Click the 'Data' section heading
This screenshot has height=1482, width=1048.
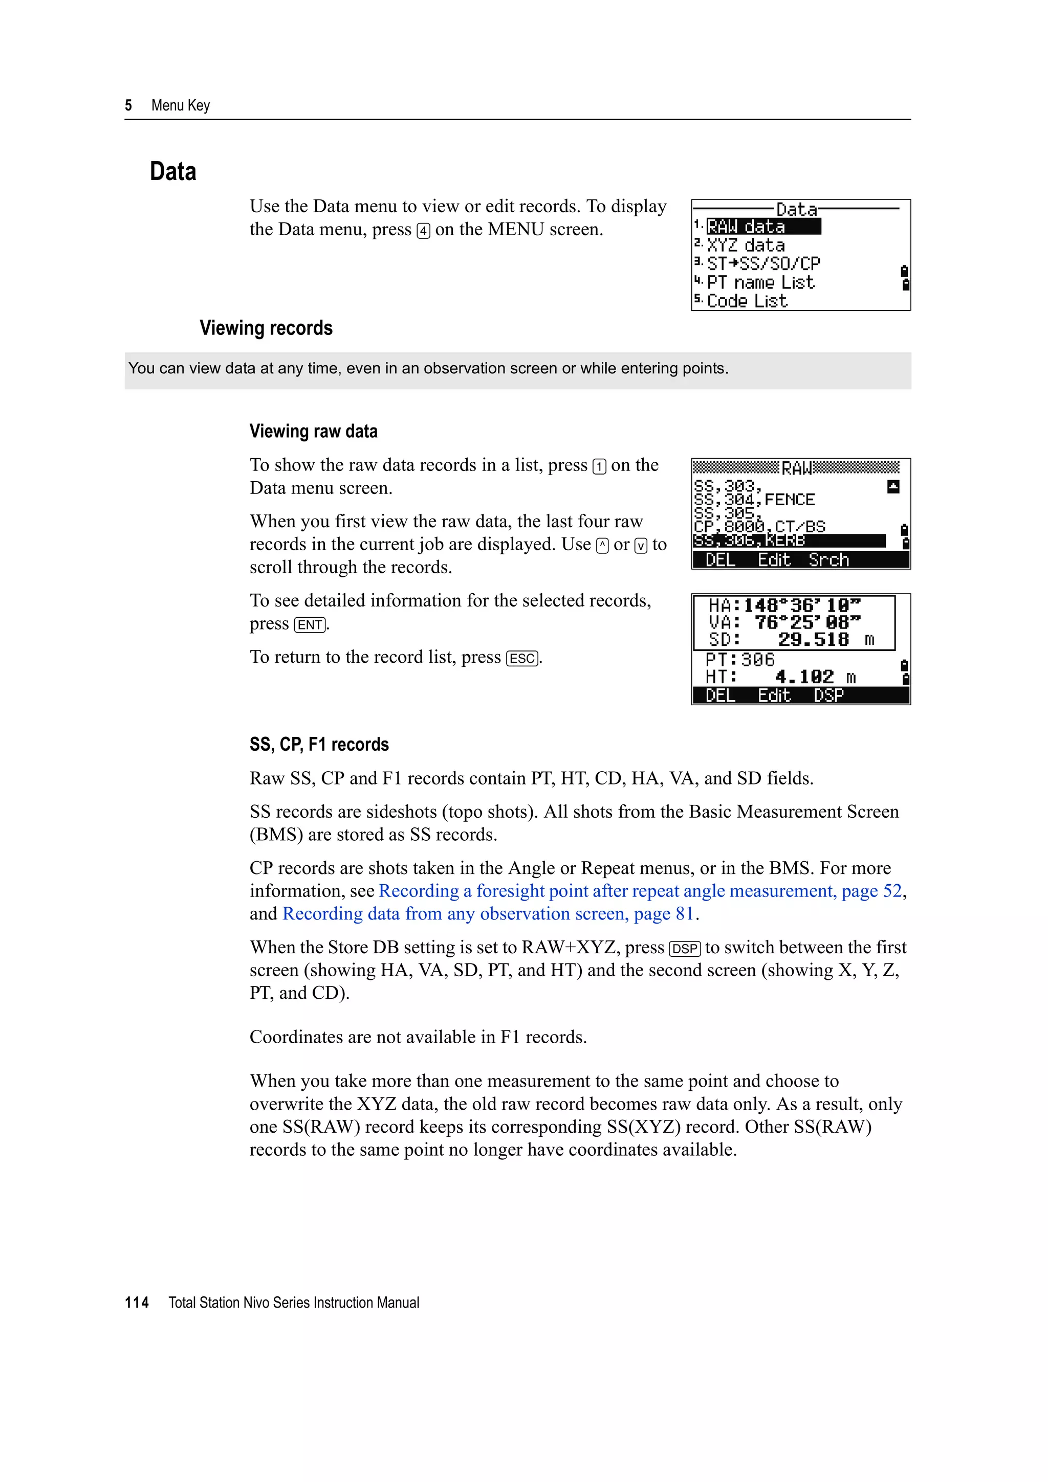[173, 172]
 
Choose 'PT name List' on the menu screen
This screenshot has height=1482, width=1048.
[760, 283]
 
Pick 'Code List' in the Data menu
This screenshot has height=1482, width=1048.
[747, 301]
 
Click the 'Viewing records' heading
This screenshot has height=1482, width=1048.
[266, 328]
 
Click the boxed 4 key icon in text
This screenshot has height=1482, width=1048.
[423, 231]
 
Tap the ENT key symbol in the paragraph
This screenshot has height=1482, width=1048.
[310, 625]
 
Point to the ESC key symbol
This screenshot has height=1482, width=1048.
[522, 658]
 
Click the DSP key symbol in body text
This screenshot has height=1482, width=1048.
[685, 949]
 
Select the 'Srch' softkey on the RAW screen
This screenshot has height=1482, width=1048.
[828, 559]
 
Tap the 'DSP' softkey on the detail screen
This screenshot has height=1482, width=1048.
[828, 695]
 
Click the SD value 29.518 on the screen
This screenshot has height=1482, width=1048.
[813, 640]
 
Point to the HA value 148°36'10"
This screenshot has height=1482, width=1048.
[801, 605]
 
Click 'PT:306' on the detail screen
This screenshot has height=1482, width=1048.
[739, 660]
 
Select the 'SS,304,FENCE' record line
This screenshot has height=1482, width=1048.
[754, 500]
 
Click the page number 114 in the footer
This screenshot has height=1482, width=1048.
[137, 1303]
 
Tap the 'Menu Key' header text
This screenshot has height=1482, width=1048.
[180, 105]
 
